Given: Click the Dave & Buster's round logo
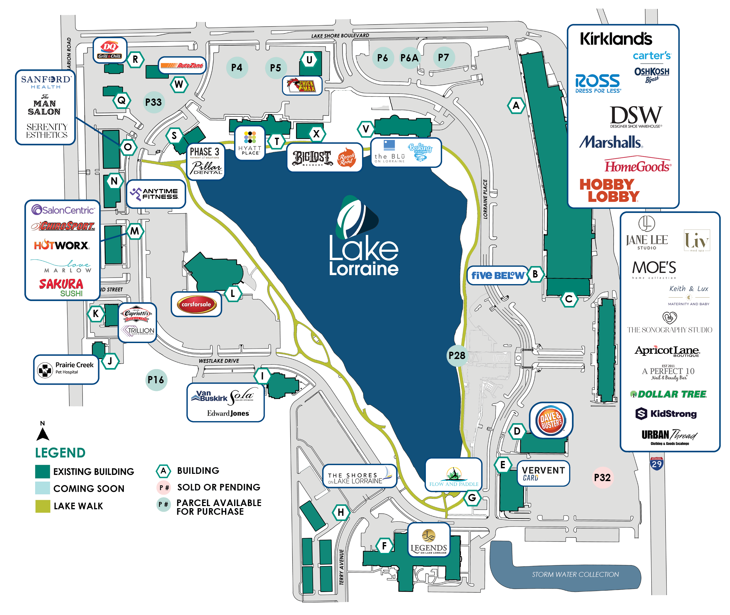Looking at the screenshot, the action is pyautogui.click(x=550, y=421).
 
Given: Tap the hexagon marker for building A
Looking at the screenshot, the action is pyautogui.click(x=516, y=105).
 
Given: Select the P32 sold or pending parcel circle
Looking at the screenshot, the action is pyautogui.click(x=602, y=477).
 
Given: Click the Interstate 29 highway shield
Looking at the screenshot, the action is pyautogui.click(x=656, y=464).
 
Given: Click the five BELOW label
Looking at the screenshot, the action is pyautogui.click(x=497, y=275).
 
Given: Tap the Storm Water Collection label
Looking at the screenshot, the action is pyautogui.click(x=575, y=574).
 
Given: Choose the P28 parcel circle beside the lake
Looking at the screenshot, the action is pyautogui.click(x=457, y=356).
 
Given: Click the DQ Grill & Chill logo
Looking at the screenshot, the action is pyautogui.click(x=110, y=50).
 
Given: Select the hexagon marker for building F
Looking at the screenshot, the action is pyautogui.click(x=384, y=546).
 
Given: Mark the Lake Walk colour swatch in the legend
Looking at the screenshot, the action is pyautogui.click(x=43, y=506).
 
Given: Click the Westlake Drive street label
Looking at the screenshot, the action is pyautogui.click(x=218, y=361).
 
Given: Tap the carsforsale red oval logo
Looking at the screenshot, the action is pyautogui.click(x=196, y=304).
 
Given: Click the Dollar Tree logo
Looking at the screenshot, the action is pyautogui.click(x=668, y=394).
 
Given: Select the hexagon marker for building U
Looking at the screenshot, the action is pyautogui.click(x=309, y=60).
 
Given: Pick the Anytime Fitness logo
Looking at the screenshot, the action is pyautogui.click(x=155, y=194).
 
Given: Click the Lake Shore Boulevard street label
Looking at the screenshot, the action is pyautogui.click(x=340, y=36).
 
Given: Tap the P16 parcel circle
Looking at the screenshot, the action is pyautogui.click(x=155, y=380).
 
